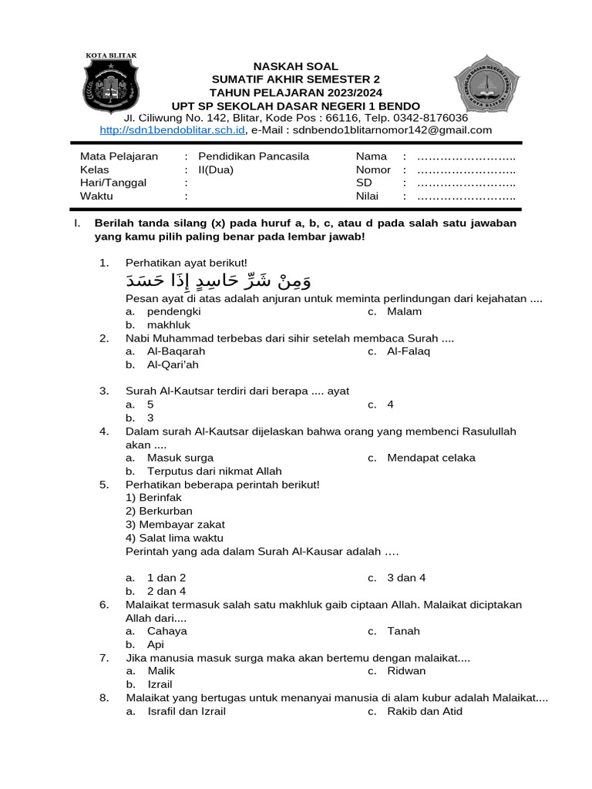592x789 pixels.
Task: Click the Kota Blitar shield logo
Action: coord(112,82)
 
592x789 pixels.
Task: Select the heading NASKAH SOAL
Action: coord(296,67)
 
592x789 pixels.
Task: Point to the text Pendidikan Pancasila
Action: coord(254,156)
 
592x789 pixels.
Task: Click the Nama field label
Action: coord(371,156)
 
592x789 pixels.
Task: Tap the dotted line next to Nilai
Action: coord(466,196)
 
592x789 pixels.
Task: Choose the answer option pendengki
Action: coord(173,311)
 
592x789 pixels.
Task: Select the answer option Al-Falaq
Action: coord(409,351)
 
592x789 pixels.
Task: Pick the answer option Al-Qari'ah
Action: coord(173,364)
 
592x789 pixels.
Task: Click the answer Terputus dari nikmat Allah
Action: coord(214,471)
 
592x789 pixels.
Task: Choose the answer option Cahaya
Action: coord(167,631)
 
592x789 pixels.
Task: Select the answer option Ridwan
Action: coord(406,671)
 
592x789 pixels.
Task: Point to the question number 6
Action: coord(104,605)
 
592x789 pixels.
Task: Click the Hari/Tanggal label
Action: coord(113,183)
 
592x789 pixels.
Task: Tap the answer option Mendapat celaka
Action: coord(431,458)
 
